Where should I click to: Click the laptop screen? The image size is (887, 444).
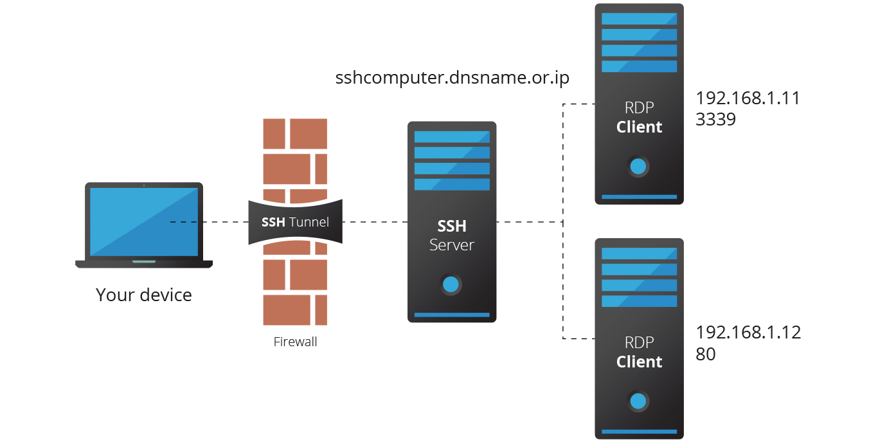[144, 221]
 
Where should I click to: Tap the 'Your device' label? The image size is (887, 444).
[144, 295]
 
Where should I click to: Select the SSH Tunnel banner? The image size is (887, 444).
[295, 222]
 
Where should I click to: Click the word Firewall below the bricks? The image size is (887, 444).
[295, 342]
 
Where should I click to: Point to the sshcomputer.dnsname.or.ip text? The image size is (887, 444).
[452, 78]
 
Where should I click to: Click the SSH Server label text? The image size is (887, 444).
[452, 236]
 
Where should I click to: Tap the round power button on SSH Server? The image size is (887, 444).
[452, 284]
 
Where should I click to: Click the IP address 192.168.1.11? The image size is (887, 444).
[748, 98]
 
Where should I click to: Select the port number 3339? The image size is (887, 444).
[715, 120]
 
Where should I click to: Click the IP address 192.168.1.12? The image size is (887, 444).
[748, 333]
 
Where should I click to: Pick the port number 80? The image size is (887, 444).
[706, 354]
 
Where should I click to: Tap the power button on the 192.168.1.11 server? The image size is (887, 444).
[638, 167]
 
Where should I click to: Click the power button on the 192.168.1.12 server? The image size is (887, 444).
[638, 402]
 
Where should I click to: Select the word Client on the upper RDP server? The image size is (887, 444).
[639, 127]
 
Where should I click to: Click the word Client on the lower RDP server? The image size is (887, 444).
[639, 362]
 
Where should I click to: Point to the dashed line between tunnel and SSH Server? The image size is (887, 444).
[375, 222]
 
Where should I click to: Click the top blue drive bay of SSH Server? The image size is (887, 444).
[452, 137]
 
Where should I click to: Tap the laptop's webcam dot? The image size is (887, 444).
[144, 186]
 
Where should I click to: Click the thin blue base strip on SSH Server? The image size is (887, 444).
[452, 315]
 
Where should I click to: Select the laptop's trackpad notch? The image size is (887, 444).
[144, 262]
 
